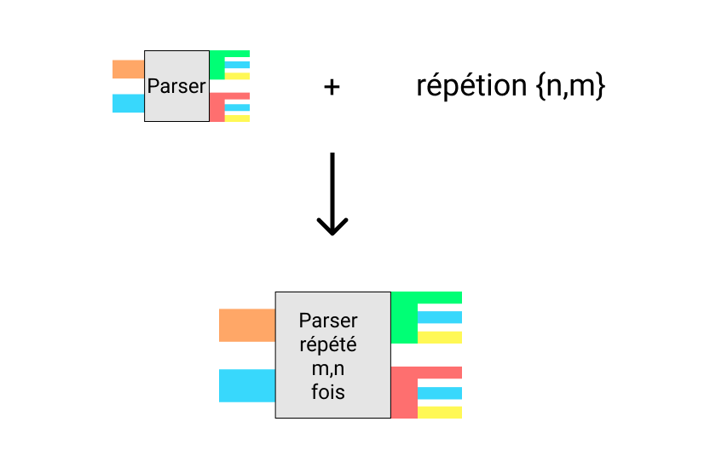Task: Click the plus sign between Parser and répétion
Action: pyautogui.click(x=332, y=86)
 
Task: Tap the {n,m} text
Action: pyautogui.click(x=571, y=86)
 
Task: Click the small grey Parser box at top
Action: pyautogui.click(x=176, y=86)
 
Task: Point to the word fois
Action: pyautogui.click(x=328, y=393)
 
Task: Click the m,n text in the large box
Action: pyautogui.click(x=328, y=369)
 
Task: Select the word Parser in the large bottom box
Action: pyautogui.click(x=328, y=321)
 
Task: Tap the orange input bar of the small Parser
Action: pyautogui.click(x=128, y=69)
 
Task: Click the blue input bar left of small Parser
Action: pyautogui.click(x=128, y=103)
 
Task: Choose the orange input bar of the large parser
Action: pyautogui.click(x=246, y=326)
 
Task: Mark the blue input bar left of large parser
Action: pyautogui.click(x=246, y=385)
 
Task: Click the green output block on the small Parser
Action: pyautogui.click(x=217, y=65)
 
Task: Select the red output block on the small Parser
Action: pyautogui.click(x=217, y=107)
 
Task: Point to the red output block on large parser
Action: pyautogui.click(x=404, y=392)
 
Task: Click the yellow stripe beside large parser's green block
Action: pyautogui.click(x=440, y=338)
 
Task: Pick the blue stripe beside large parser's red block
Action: pyautogui.click(x=440, y=393)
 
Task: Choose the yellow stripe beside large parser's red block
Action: pyautogui.click(x=440, y=413)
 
